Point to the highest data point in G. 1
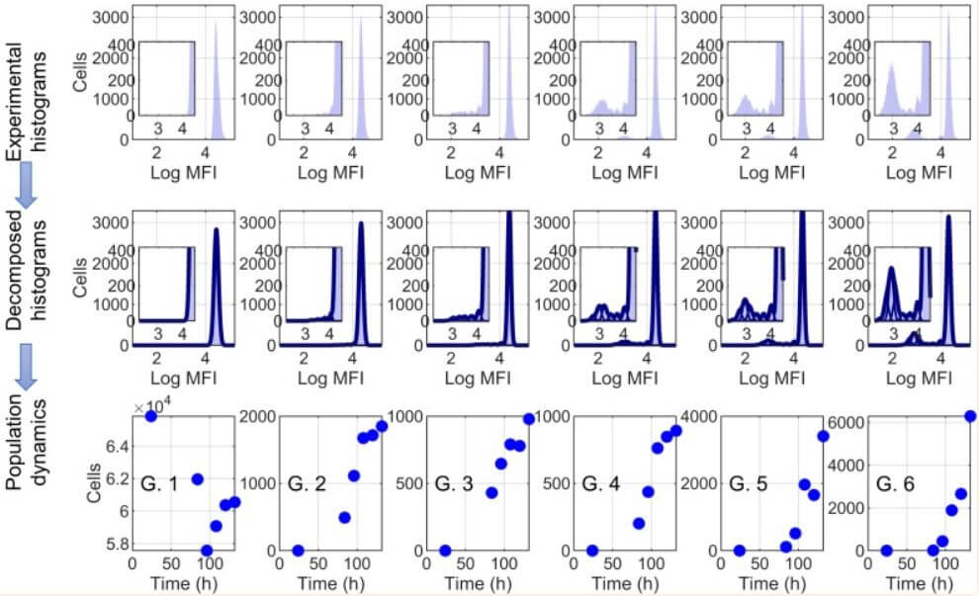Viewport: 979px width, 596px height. pyautogui.click(x=151, y=416)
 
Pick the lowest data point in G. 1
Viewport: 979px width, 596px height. pyautogui.click(x=207, y=551)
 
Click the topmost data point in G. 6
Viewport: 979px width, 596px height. pyautogui.click(x=969, y=416)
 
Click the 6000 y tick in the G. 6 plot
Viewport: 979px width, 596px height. pyautogui.click(x=841, y=422)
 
